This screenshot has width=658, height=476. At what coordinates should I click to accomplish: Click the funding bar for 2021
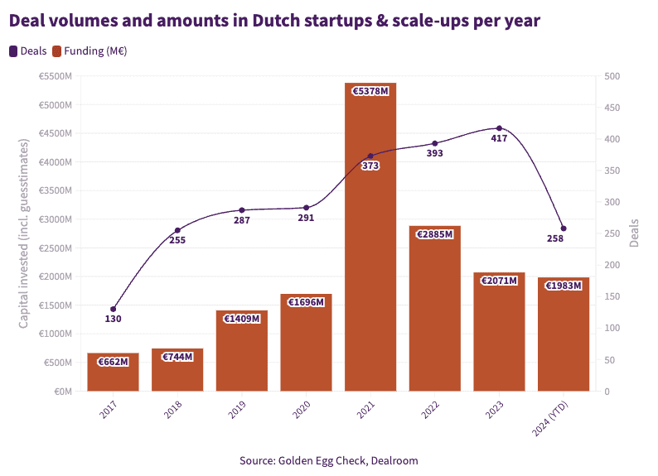370,240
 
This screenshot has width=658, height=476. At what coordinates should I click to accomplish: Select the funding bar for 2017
113,373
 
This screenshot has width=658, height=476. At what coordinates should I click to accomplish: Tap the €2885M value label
435,234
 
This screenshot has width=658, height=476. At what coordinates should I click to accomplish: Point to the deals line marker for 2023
499,128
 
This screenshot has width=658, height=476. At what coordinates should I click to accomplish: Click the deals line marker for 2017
113,309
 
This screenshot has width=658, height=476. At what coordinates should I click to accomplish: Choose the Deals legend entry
28,51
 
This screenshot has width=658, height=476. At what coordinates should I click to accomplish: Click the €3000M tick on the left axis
56,219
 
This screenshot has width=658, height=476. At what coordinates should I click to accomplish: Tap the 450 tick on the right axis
612,108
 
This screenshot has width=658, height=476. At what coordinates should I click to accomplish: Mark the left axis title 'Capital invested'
24,233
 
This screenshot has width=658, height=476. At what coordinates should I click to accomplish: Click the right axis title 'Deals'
635,233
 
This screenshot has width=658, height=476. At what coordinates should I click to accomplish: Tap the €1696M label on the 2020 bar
306,302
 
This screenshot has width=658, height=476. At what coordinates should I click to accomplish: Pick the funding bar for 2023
499,331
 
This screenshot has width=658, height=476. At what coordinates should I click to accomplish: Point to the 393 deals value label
435,153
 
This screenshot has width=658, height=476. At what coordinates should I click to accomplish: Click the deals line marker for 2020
306,208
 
